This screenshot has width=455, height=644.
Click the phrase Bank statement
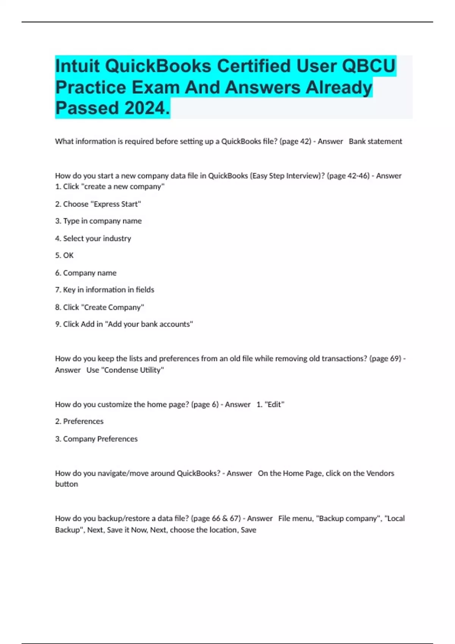click(x=375, y=141)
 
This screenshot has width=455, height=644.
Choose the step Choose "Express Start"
click(x=98, y=204)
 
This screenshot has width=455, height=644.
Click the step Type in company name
click(x=98, y=221)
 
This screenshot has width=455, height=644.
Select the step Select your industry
click(x=93, y=238)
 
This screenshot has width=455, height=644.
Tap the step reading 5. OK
click(x=64, y=255)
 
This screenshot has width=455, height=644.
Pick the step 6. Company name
click(x=86, y=273)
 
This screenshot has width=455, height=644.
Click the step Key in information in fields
click(x=105, y=290)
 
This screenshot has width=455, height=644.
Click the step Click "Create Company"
click(x=99, y=307)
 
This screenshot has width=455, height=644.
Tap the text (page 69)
click(x=385, y=358)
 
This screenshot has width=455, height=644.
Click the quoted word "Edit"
click(x=274, y=405)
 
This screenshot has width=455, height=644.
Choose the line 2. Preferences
click(x=79, y=421)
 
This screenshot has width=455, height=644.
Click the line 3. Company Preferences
click(x=96, y=439)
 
